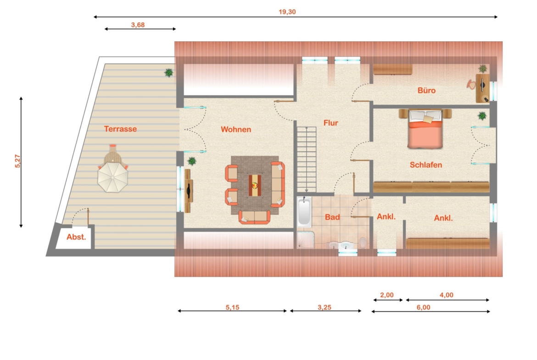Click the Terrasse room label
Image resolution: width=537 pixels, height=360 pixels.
[x=120, y=129]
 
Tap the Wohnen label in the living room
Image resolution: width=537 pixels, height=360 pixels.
[x=235, y=129]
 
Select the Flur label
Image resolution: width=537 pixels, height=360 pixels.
[x=331, y=123]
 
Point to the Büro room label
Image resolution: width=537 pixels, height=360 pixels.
[x=426, y=90]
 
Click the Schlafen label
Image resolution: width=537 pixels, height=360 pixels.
[x=425, y=165]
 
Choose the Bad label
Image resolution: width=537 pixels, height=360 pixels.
[x=332, y=217]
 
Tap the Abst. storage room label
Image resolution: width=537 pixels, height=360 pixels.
[x=76, y=237]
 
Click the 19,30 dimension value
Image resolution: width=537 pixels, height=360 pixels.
[x=287, y=12]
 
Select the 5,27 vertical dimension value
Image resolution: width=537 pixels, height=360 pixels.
[x=18, y=161]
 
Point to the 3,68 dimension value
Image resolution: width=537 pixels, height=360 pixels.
[x=138, y=25]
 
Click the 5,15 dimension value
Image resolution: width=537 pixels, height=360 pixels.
[x=232, y=307]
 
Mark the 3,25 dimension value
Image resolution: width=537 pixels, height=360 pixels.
[x=324, y=307]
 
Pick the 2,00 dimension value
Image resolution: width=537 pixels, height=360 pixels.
[x=386, y=295]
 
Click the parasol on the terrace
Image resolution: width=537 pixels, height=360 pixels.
[x=112, y=177]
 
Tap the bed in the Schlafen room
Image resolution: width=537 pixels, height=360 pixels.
[x=425, y=129]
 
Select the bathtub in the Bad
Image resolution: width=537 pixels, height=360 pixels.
[x=304, y=212]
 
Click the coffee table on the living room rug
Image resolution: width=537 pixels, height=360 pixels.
[x=255, y=185]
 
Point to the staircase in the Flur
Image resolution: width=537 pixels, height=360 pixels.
[x=307, y=160]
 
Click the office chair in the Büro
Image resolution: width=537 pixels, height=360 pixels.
[x=471, y=84]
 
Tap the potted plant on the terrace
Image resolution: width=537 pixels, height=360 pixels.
[x=168, y=72]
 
